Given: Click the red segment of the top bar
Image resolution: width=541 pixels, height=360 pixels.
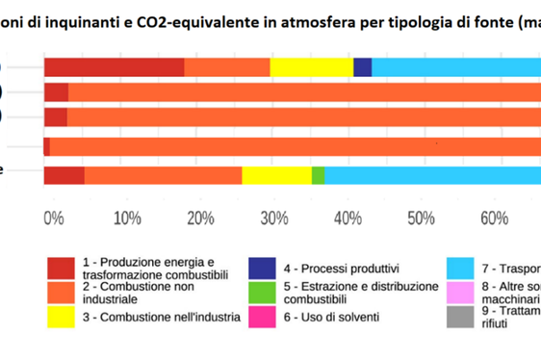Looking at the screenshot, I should point(114,66).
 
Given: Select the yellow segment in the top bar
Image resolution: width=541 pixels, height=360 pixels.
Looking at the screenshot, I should point(311,66).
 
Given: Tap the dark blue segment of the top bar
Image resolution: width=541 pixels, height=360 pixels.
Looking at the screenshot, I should point(362,66).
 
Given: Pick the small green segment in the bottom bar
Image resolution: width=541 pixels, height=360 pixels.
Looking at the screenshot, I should point(318,174).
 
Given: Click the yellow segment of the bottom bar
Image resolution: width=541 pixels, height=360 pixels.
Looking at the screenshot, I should point(276,174).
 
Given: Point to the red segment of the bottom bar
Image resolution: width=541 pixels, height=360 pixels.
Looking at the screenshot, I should point(64,174).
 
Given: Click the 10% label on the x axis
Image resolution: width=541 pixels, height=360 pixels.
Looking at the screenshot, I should point(127,218).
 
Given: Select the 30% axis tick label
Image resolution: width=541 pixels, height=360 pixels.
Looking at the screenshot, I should point(275,218).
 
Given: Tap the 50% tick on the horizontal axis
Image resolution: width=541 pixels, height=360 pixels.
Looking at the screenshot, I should point(422,218).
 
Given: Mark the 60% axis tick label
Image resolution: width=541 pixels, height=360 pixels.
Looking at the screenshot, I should point(495,218).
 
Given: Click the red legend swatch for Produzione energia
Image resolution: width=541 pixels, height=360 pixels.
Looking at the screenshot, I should point(62,268).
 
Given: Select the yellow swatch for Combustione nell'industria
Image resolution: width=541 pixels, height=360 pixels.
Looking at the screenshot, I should point(62,317).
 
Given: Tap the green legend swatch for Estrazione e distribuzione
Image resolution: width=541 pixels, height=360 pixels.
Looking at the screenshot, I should point(261,293).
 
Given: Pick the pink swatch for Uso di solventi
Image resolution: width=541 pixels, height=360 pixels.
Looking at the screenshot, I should point(261,317).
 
